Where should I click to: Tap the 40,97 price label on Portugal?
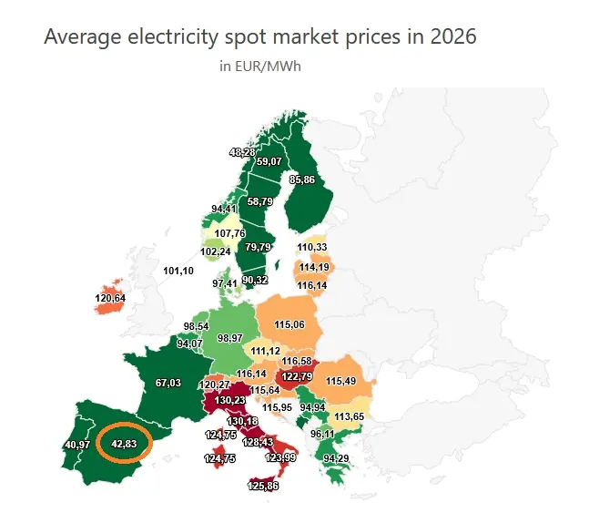(x=77, y=445)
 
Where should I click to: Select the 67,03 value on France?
(x=168, y=383)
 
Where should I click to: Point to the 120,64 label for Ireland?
(x=110, y=298)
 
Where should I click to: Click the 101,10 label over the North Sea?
(x=178, y=271)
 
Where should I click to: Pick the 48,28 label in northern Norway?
(x=242, y=152)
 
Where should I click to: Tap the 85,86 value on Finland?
(x=302, y=179)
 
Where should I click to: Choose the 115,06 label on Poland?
(x=289, y=324)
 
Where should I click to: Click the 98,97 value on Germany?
(x=230, y=338)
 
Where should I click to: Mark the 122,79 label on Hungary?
(x=297, y=376)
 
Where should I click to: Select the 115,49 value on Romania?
(x=340, y=381)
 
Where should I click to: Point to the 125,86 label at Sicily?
(x=263, y=486)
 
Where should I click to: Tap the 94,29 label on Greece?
(x=336, y=458)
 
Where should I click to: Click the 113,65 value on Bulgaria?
(x=349, y=416)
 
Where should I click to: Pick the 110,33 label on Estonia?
(x=312, y=247)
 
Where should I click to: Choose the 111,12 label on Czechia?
(x=266, y=351)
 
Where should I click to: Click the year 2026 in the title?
(x=453, y=36)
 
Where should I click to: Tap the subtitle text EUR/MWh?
(x=268, y=67)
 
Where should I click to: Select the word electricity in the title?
(x=172, y=37)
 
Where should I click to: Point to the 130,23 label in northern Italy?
(x=230, y=400)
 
